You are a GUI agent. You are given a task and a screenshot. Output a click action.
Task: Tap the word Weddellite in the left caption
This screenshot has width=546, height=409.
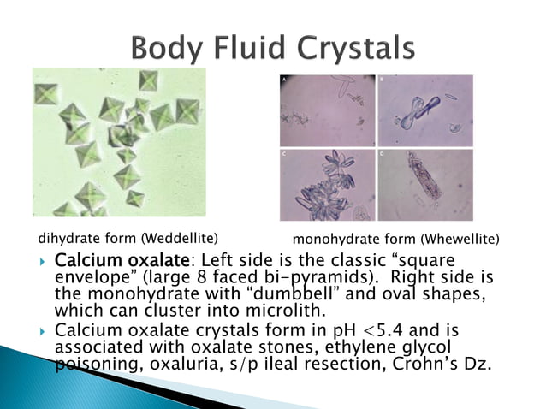(181, 237)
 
